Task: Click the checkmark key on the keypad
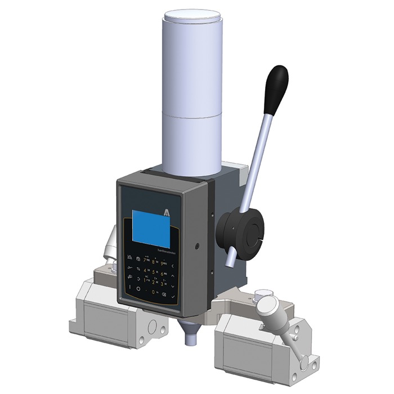[x=174, y=297]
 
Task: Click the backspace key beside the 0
[x=164, y=294]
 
